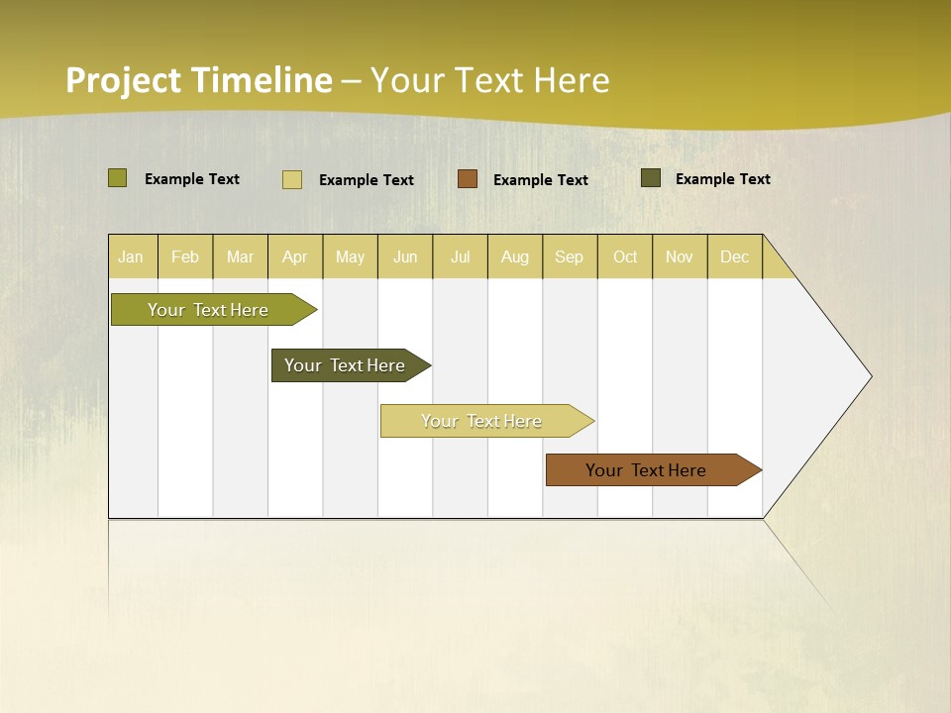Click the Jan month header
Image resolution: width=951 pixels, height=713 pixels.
click(x=131, y=256)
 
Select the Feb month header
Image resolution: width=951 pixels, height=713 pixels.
click(x=185, y=256)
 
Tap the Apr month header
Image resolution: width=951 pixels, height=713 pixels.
click(x=294, y=256)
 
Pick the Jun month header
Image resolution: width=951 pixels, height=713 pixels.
click(x=405, y=256)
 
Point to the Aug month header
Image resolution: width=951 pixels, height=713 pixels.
click(x=514, y=256)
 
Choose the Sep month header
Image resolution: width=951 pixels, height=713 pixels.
click(x=569, y=256)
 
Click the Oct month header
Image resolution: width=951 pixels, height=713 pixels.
click(x=625, y=256)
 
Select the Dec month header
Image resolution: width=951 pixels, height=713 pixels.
click(x=734, y=256)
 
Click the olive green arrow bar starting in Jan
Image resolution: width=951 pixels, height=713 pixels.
click(x=209, y=310)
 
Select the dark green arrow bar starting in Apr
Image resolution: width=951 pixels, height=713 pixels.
click(x=346, y=365)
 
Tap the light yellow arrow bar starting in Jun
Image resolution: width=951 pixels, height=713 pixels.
click(x=482, y=421)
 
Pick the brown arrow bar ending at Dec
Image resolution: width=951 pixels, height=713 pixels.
click(x=647, y=470)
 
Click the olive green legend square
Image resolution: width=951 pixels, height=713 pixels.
click(x=118, y=178)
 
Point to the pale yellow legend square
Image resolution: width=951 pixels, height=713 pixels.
click(x=292, y=179)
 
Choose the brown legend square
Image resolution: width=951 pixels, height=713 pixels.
click(x=468, y=178)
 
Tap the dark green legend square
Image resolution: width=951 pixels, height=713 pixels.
click(x=651, y=178)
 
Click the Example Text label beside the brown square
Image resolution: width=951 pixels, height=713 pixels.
click(x=541, y=180)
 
